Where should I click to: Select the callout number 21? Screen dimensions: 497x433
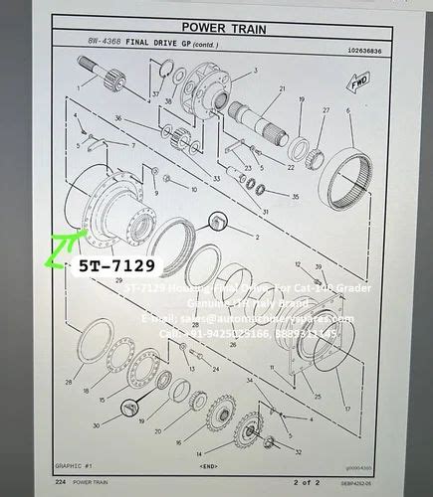tap(283, 89)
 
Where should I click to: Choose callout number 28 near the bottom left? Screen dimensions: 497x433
tap(69, 382)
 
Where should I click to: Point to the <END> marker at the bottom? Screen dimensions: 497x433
tap(209, 465)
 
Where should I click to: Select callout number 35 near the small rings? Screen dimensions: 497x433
tap(296, 197)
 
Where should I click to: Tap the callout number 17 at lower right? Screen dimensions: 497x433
tap(347, 408)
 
